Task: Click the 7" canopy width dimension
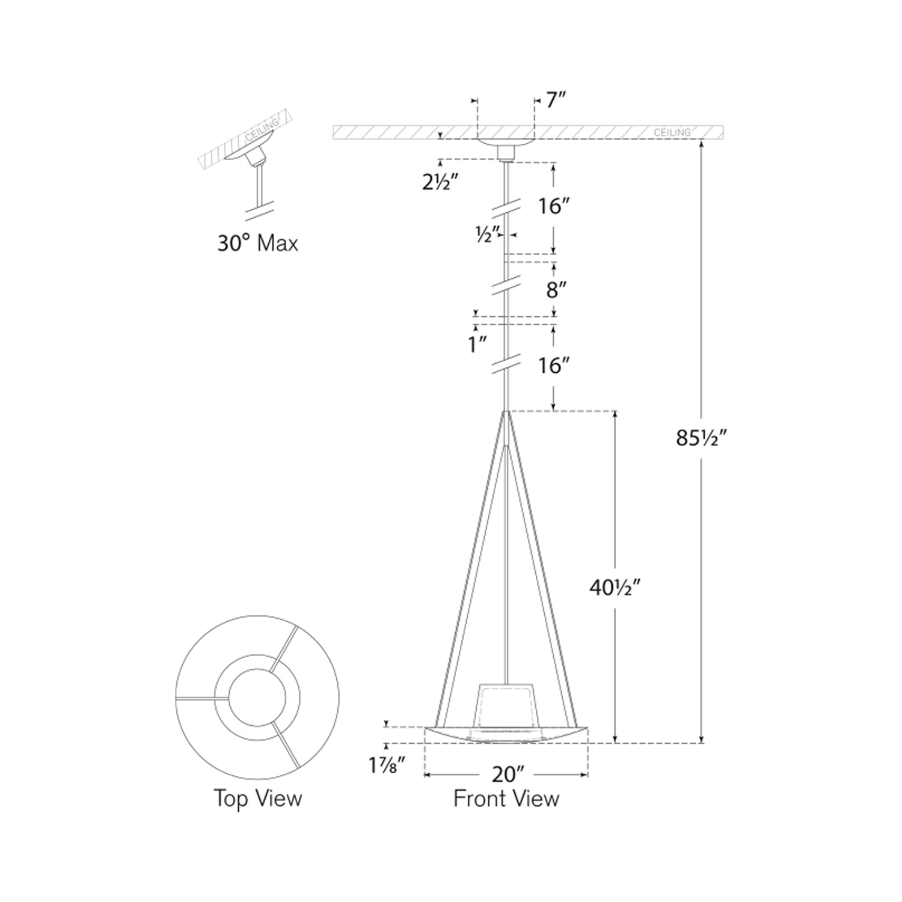tap(556, 100)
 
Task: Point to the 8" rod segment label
tap(556, 290)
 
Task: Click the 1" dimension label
tap(477, 345)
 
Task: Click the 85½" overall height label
tap(702, 438)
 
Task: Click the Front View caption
tap(506, 799)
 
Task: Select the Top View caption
tap(257, 799)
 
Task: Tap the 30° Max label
tap(257, 244)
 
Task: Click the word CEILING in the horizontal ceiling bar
tap(672, 132)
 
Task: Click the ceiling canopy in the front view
tap(506, 144)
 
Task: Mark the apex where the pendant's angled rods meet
tap(507, 413)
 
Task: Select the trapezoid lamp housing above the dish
tap(506, 704)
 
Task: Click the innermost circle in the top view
tap(257, 699)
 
